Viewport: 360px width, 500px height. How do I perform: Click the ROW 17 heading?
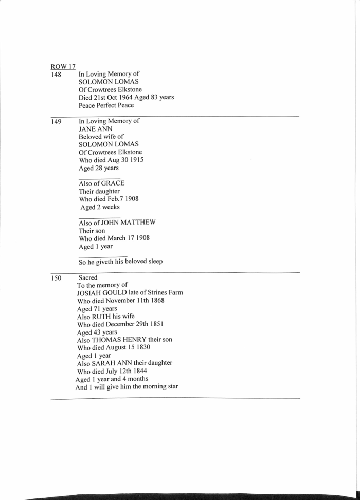pyautogui.click(x=63, y=66)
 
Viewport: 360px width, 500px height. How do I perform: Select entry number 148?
pyautogui.click(x=56, y=74)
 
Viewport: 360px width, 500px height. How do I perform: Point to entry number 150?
pyautogui.click(x=56, y=278)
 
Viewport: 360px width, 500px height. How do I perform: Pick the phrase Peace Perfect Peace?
pyautogui.click(x=106, y=105)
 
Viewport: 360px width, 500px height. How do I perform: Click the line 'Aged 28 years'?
pyautogui.click(x=98, y=168)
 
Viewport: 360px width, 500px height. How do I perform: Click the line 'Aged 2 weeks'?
pyautogui.click(x=100, y=207)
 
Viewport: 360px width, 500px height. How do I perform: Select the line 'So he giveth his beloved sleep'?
pyautogui.click(x=120, y=261)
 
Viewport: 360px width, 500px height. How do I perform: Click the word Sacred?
pyautogui.click(x=88, y=277)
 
